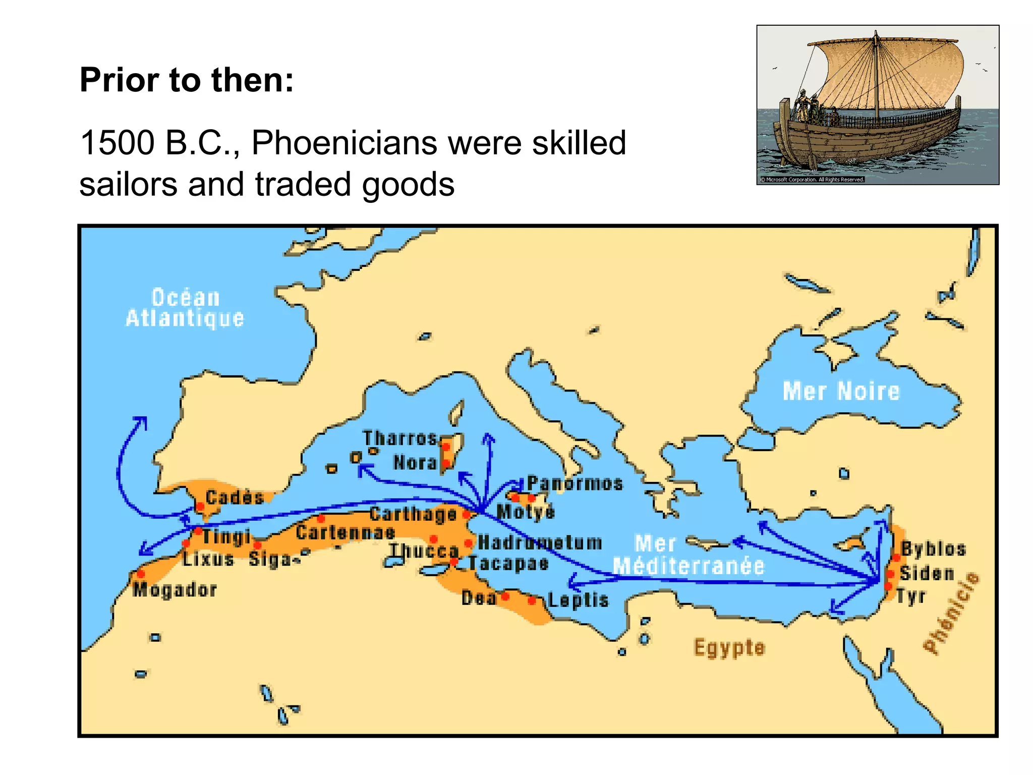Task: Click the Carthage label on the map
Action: [x=413, y=514]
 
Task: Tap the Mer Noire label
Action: [x=841, y=391]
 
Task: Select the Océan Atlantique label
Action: [x=185, y=308]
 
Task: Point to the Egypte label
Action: [x=729, y=647]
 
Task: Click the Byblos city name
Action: [x=933, y=549]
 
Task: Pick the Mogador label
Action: [x=175, y=589]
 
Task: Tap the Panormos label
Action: [x=575, y=483]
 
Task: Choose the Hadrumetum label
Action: [x=540, y=542]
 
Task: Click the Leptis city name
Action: [x=578, y=600]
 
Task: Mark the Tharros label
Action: [x=399, y=438]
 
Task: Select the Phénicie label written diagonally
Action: [x=951, y=613]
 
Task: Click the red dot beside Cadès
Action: [x=200, y=506]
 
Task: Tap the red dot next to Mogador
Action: [x=141, y=574]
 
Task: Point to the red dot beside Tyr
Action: [x=888, y=586]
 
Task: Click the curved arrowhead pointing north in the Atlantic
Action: [x=141, y=421]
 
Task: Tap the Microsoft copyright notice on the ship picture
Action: [x=812, y=179]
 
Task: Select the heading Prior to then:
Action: [x=187, y=80]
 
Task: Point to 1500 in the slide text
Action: [x=117, y=143]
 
